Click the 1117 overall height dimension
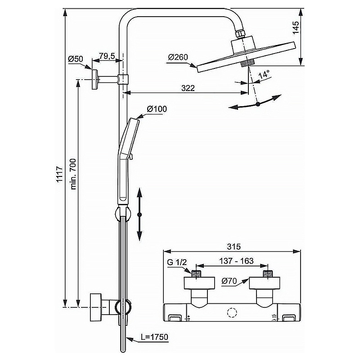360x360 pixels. click(60, 175)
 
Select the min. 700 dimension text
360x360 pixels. click(73, 174)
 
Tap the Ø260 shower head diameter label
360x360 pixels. click(178, 57)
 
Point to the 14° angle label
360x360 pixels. click(264, 75)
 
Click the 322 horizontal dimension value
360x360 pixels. click(188, 88)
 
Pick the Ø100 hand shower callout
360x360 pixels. click(157, 108)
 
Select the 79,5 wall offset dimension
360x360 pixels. click(107, 56)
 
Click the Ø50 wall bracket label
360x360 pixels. click(75, 59)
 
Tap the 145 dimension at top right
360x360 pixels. click(296, 27)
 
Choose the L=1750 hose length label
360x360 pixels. click(154, 337)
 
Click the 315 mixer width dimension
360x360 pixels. click(234, 247)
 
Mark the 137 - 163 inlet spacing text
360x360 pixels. click(236, 261)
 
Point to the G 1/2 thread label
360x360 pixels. click(177, 262)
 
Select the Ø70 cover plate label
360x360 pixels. click(229, 281)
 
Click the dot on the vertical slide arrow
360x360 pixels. click(139, 215)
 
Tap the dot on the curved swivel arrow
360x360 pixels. click(258, 104)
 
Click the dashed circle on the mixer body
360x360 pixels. click(231, 313)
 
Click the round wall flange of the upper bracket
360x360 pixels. click(94, 79)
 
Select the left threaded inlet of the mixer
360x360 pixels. click(196, 274)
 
